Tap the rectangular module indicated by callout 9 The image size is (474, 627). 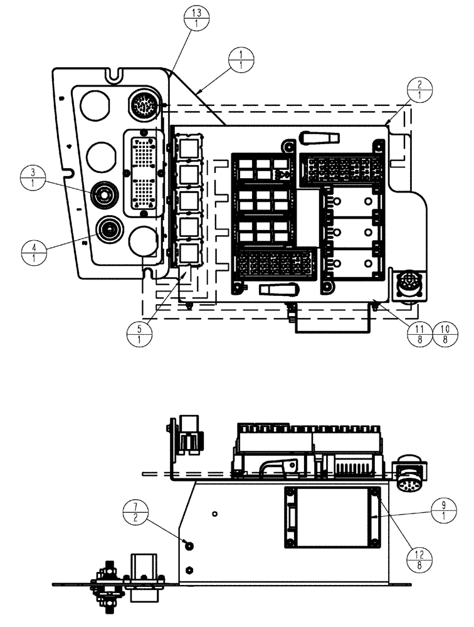[x=334, y=515]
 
